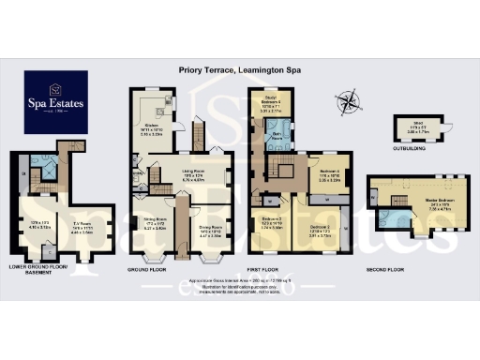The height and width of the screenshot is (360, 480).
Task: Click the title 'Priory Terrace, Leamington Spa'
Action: (x=240, y=68)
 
